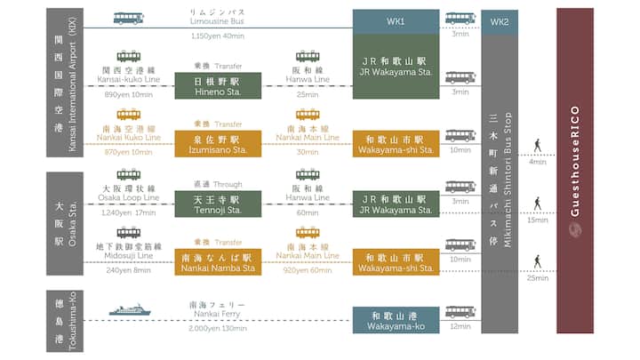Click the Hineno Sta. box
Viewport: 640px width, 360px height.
218,85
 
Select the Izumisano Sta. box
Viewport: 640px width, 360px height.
218,144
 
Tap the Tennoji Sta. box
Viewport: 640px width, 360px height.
218,204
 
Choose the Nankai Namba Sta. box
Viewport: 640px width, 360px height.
218,262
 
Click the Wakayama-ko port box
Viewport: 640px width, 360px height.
396,320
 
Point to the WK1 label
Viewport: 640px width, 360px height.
396,21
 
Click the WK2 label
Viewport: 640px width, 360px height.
500,22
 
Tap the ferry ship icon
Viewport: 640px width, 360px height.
130,310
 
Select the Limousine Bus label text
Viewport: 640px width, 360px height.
217,21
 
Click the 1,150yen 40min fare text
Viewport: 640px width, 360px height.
218,36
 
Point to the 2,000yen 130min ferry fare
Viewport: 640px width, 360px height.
218,328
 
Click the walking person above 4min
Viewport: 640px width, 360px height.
538,146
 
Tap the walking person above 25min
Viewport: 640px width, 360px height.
538,261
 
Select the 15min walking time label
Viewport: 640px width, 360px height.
538,220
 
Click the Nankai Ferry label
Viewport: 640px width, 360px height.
217,314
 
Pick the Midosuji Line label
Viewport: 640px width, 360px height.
129,255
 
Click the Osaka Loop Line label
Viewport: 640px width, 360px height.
129,197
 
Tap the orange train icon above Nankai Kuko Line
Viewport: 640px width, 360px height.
129,115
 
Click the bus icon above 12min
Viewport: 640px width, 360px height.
460,312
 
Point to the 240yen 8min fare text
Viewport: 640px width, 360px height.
128,270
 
